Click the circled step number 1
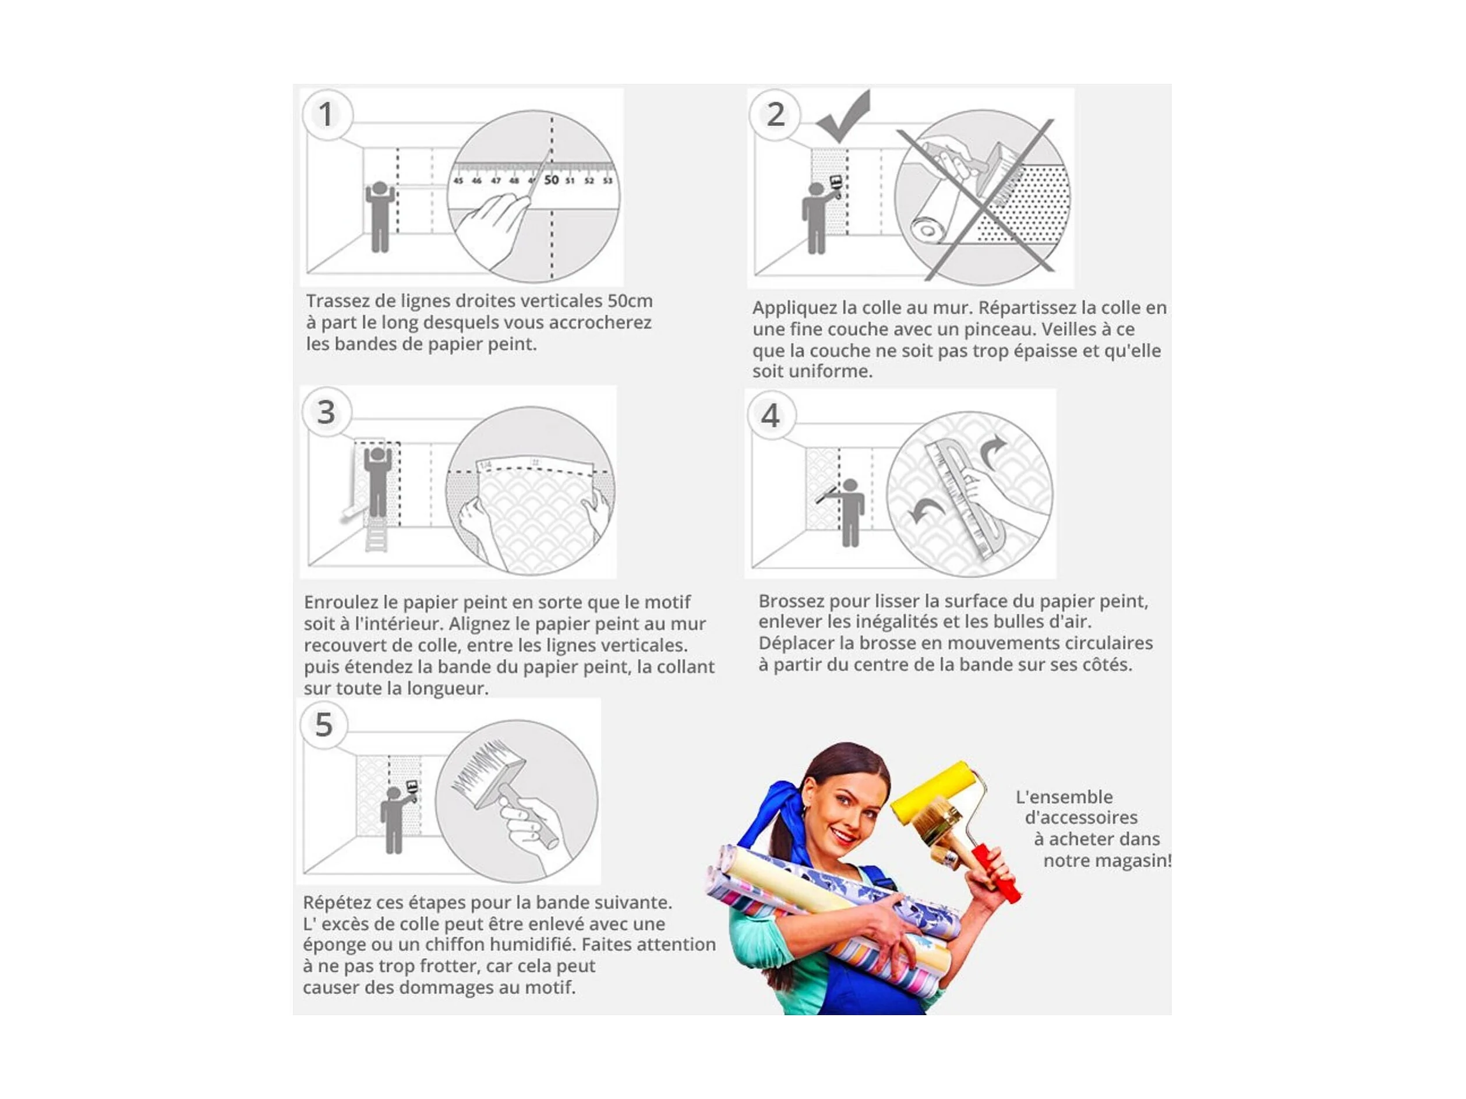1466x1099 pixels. click(x=327, y=115)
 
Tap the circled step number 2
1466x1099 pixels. click(x=775, y=115)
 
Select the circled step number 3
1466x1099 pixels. click(x=326, y=412)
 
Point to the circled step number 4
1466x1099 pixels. click(x=771, y=416)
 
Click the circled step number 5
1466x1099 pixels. click(x=324, y=725)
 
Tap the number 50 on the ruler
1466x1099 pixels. click(x=552, y=179)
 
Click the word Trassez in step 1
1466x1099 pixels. click(x=337, y=301)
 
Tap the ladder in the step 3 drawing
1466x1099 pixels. click(x=376, y=534)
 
